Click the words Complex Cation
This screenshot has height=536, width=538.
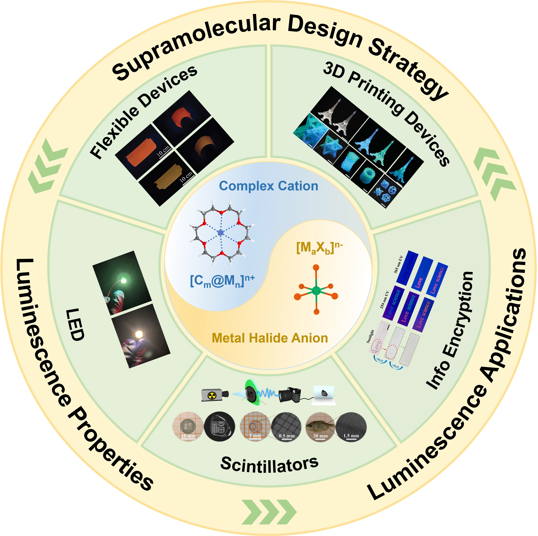click(x=268, y=186)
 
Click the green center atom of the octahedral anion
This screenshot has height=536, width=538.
click(x=316, y=291)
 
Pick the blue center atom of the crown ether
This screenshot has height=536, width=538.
click(x=221, y=232)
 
